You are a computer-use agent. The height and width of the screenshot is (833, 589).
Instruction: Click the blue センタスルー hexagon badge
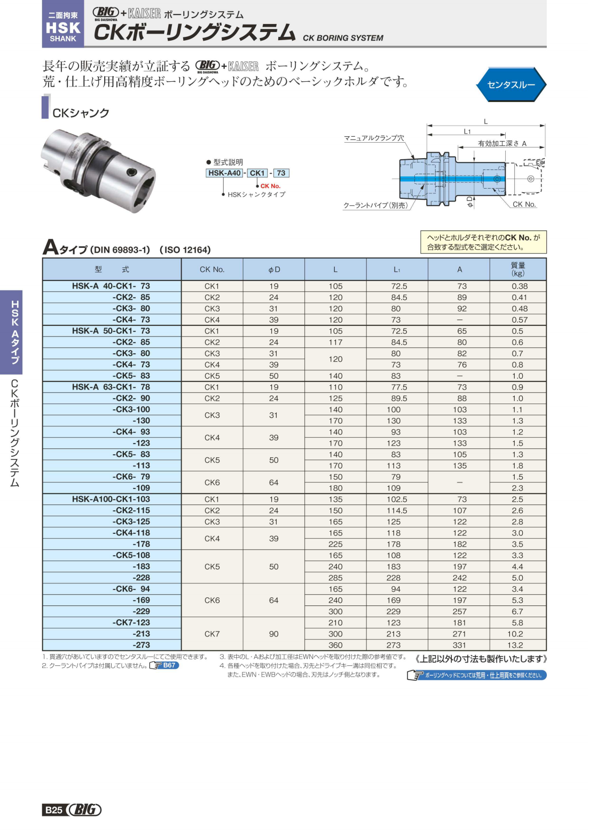tap(511, 84)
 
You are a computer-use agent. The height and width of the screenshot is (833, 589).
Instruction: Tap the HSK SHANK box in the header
tap(63, 24)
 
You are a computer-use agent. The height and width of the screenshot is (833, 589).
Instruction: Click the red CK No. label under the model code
tap(270, 186)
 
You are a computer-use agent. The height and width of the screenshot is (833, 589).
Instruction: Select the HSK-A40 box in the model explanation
tap(224, 173)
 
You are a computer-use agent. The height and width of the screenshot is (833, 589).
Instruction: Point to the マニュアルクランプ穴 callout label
tap(374, 138)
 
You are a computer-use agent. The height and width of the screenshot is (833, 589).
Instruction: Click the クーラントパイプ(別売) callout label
tap(375, 205)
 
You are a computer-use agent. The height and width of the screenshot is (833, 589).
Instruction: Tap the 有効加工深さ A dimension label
tap(502, 144)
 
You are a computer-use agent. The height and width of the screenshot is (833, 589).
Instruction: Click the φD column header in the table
tap(274, 269)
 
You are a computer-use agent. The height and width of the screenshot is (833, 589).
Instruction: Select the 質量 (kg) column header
tap(517, 269)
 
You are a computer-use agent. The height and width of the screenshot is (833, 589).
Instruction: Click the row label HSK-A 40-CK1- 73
tap(111, 286)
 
